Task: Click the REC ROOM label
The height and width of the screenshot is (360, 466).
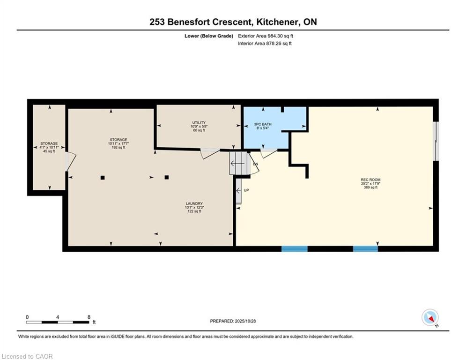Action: [x=370, y=180]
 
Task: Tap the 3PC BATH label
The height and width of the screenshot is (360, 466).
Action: [x=263, y=124]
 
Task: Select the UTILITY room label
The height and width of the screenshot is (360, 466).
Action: [x=199, y=123]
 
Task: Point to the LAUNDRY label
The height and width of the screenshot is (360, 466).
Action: [x=194, y=203]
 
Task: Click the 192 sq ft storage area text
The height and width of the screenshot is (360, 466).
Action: [x=118, y=147]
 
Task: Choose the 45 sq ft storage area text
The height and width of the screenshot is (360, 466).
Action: [x=49, y=151]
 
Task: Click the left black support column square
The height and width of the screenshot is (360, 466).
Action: [x=103, y=178]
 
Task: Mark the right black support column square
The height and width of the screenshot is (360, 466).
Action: [x=167, y=177]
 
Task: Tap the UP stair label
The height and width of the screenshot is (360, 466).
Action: [x=246, y=190]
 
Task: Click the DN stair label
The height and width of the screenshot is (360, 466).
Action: [x=256, y=164]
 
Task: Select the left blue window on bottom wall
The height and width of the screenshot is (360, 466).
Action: [x=295, y=249]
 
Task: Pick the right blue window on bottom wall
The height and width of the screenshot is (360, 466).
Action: [x=366, y=249]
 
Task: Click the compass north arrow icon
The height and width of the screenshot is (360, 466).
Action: [x=430, y=317]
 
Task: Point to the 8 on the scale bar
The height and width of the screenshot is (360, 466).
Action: [x=89, y=317]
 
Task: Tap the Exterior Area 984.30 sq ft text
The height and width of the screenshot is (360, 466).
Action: [x=266, y=36]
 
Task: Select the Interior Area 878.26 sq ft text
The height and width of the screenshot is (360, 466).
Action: [x=265, y=44]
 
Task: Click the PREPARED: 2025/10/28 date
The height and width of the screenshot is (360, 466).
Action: [x=233, y=321]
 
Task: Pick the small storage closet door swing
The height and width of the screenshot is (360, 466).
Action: [x=72, y=162]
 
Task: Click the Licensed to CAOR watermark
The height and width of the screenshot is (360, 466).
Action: [x=27, y=356]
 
